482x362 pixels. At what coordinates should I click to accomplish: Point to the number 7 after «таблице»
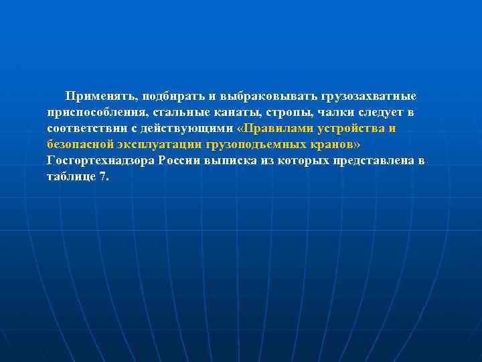pyautogui.click(x=103, y=177)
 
